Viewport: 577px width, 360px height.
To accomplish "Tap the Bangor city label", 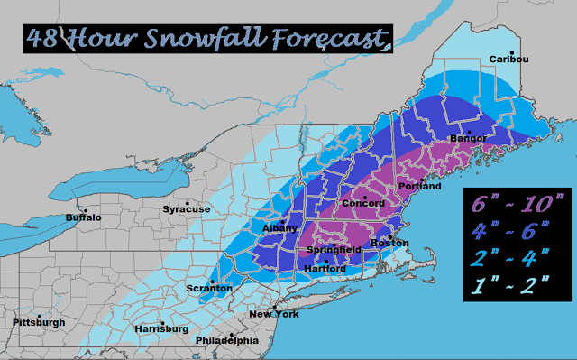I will pos(468,139).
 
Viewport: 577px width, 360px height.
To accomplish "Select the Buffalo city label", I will pos(83,217).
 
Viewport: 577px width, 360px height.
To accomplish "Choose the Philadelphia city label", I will pos(227,340).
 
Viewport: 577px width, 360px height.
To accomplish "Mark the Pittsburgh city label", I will pos(39,322).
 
